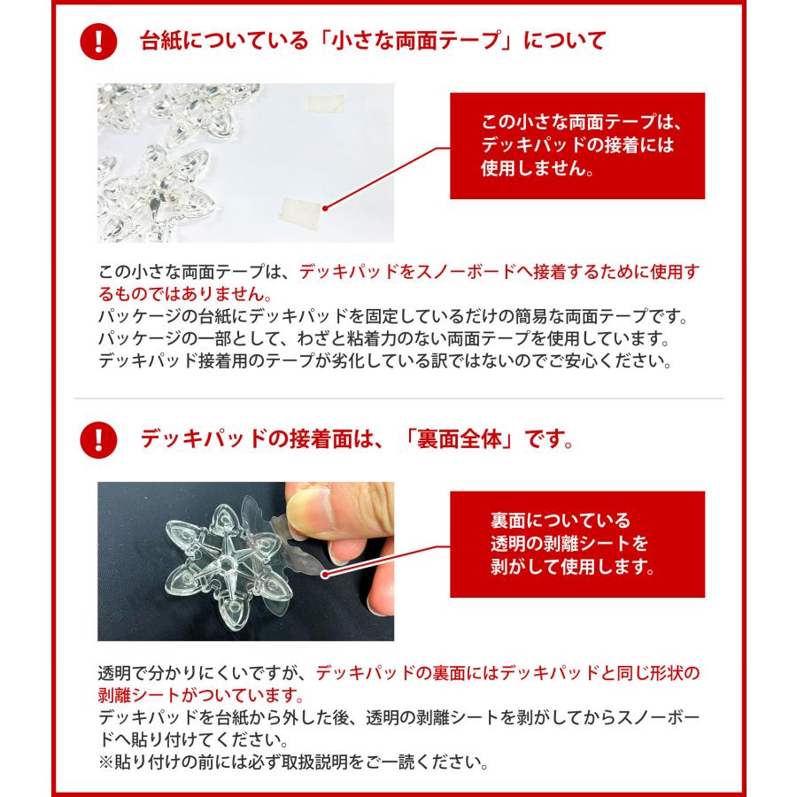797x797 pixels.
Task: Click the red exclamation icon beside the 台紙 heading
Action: tap(98, 42)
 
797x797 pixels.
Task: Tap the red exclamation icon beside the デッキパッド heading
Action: tap(98, 440)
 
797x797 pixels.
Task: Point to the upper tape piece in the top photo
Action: tap(328, 104)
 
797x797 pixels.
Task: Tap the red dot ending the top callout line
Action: tap(325, 207)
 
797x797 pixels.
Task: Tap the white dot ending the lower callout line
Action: tap(325, 575)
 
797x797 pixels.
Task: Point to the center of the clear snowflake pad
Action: tap(228, 564)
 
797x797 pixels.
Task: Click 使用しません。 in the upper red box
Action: tap(538, 168)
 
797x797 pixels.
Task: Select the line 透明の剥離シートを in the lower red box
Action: tap(569, 544)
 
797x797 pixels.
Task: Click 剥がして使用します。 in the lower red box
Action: tap(573, 566)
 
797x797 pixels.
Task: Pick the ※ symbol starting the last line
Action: tap(105, 762)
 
